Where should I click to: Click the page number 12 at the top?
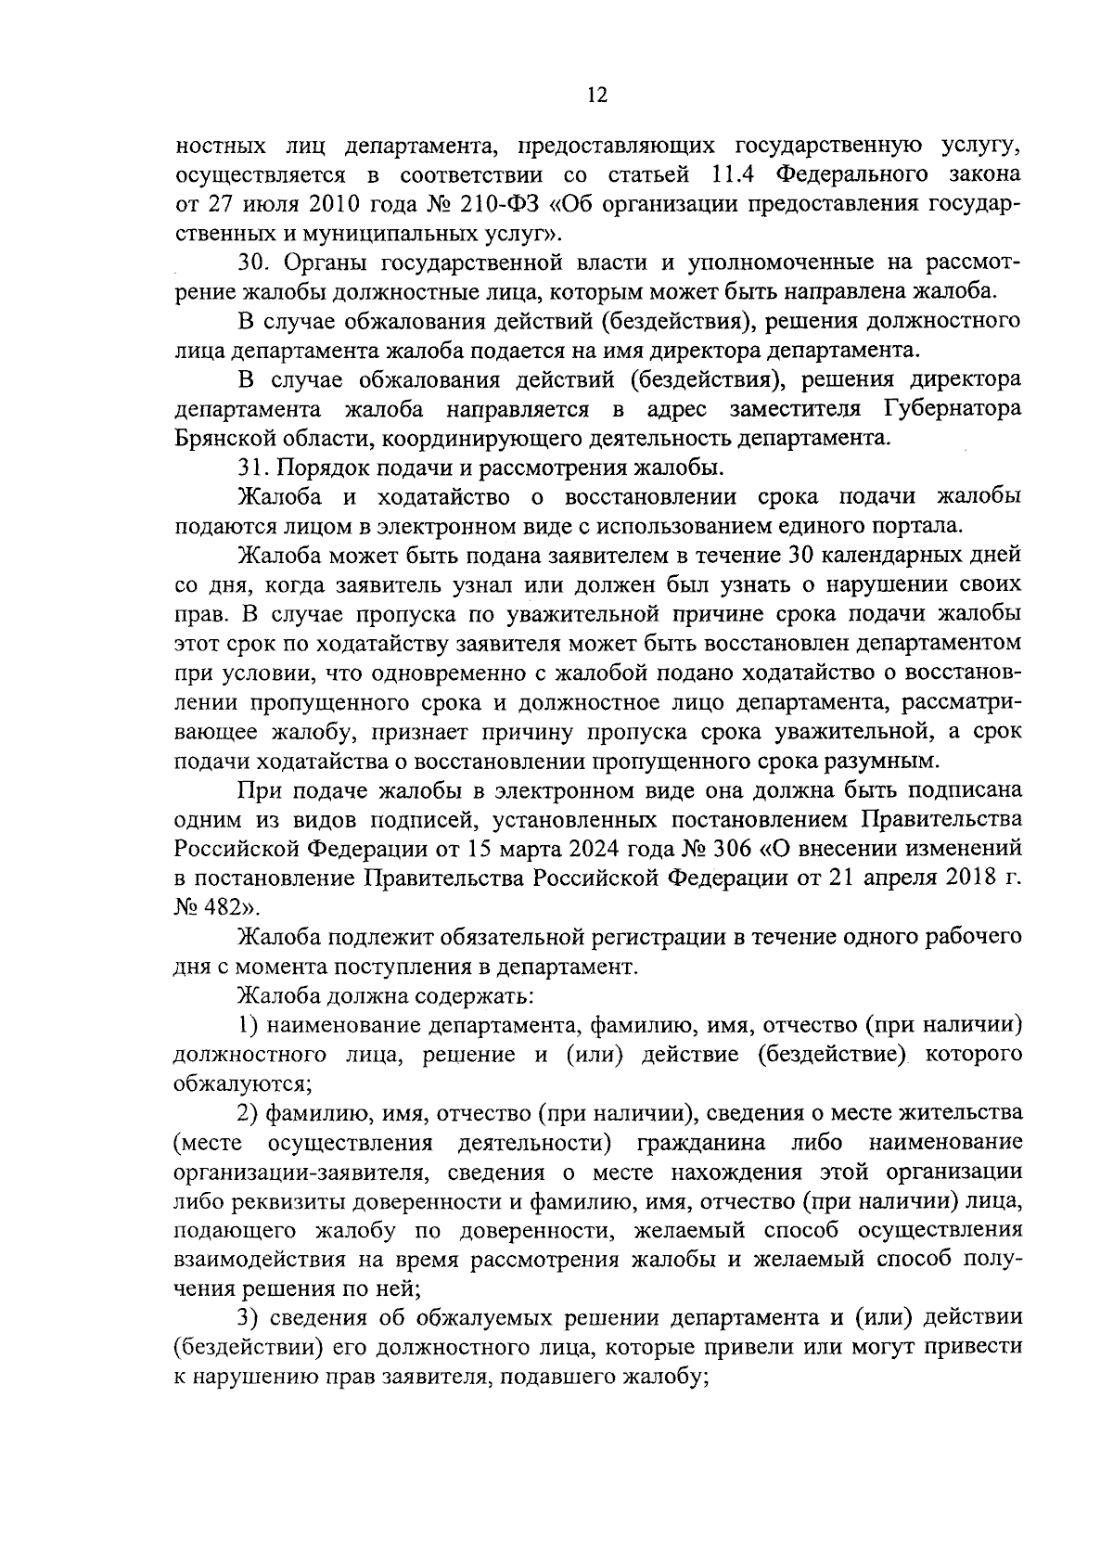[x=596, y=95]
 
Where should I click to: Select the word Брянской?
[x=220, y=437]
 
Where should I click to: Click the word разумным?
[x=882, y=761]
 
